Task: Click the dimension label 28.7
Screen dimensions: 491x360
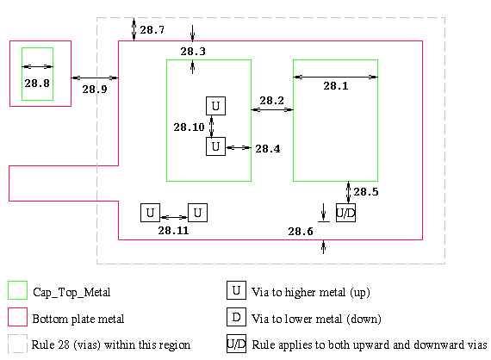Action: pyautogui.click(x=152, y=30)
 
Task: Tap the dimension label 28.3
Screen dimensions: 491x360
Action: pyautogui.click(x=193, y=52)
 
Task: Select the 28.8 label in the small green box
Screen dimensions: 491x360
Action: pyautogui.click(x=37, y=84)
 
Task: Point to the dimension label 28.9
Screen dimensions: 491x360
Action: pyautogui.click(x=95, y=90)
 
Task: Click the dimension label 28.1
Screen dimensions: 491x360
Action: pyautogui.click(x=336, y=86)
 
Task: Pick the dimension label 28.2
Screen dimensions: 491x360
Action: pyautogui.click(x=272, y=101)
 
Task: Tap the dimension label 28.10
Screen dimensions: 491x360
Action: pyautogui.click(x=189, y=127)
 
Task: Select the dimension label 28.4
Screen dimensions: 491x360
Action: pyautogui.click(x=268, y=149)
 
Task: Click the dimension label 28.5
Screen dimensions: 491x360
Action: pyautogui.click(x=366, y=191)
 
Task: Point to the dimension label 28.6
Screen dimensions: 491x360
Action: pyautogui.click(x=301, y=232)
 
